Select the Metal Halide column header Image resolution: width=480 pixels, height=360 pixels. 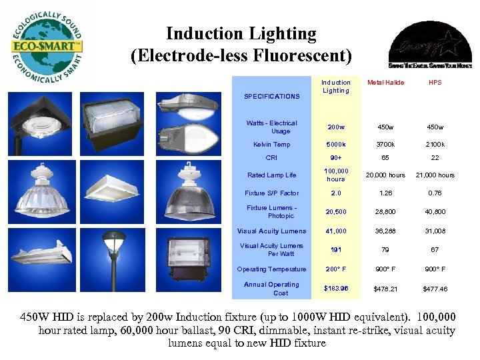coord(386,83)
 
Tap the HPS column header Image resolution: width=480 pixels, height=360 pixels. coord(435,83)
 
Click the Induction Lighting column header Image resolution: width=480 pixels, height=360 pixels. coord(336,87)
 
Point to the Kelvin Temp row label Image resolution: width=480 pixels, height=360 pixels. coord(271,144)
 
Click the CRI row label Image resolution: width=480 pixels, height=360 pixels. coord(271,158)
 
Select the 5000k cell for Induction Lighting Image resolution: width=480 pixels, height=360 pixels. coord(336,144)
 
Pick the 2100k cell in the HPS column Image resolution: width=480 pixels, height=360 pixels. coord(435,144)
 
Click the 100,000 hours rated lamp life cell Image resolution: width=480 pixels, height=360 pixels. coord(336,175)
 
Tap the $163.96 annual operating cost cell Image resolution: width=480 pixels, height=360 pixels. coord(336,289)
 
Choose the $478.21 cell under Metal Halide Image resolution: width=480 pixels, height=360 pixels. coord(386,289)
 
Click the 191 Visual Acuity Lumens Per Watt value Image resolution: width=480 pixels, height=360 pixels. coord(336,250)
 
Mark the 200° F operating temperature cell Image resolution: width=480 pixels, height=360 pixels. coord(336,269)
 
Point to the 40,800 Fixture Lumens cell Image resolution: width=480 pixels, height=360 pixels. coord(435,212)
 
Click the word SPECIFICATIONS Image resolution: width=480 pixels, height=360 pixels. coord(272,97)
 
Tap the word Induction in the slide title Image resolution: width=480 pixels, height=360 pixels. coord(199,33)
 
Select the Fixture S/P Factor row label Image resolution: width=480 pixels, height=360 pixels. coord(271,193)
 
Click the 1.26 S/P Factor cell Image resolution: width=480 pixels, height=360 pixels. coord(386,193)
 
